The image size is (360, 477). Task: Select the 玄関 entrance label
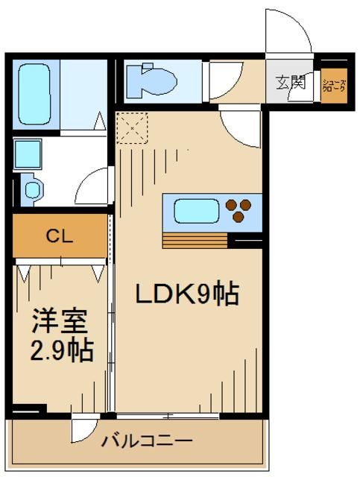(291, 82)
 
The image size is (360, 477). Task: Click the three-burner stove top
(239, 209)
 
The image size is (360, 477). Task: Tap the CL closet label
(59, 237)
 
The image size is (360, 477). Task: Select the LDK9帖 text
(186, 295)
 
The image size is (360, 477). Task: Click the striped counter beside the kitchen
(195, 241)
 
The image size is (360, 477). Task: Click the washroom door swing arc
(94, 186)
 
